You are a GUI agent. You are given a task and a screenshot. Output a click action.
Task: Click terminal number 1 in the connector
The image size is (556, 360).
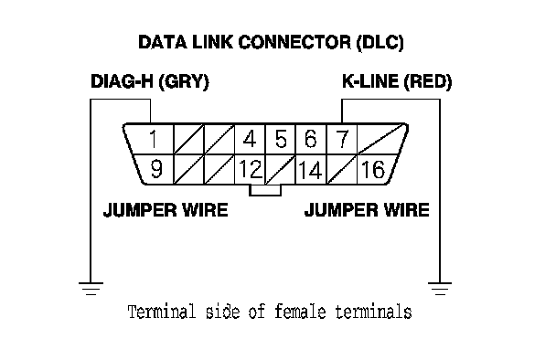click(154, 139)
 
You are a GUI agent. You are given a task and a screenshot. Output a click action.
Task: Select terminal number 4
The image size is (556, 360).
click(250, 139)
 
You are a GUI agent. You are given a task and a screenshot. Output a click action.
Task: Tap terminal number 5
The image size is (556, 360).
click(281, 139)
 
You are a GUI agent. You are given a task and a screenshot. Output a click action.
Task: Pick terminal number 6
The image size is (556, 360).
click(311, 139)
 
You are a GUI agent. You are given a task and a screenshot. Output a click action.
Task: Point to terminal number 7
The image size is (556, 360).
click(342, 139)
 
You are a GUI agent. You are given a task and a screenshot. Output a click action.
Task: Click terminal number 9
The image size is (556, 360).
click(156, 169)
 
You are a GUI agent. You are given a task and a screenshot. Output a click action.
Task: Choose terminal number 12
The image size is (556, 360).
click(251, 169)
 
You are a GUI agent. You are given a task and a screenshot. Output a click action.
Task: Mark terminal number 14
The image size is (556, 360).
click(310, 170)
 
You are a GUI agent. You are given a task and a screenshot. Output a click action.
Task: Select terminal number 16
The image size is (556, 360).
click(373, 169)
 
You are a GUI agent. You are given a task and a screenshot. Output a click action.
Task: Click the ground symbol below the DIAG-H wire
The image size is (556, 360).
click(91, 289)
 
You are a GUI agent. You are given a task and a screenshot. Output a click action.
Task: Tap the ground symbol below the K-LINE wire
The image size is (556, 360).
click(440, 289)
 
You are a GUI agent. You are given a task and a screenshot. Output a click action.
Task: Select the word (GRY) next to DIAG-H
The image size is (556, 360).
click(184, 81)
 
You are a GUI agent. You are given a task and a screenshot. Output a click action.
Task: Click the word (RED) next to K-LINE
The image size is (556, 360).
click(428, 81)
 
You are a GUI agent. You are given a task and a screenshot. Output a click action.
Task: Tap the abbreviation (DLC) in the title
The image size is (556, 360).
click(380, 43)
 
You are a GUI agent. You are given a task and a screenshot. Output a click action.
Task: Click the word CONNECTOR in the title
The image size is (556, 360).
click(294, 42)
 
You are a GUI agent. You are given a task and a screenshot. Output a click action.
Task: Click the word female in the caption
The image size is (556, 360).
click(300, 312)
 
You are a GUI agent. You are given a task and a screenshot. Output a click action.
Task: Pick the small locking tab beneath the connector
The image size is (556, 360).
click(265, 190)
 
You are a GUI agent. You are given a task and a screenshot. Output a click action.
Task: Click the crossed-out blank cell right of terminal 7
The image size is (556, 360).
click(381, 139)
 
